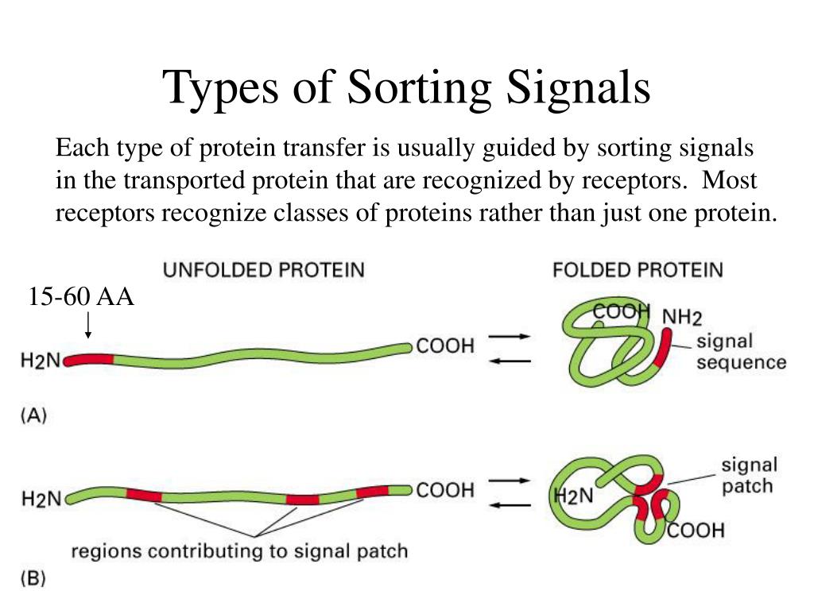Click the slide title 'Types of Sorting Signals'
click(407, 87)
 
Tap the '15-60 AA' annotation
click(81, 297)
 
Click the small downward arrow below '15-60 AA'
click(88, 326)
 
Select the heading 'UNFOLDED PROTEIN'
click(263, 270)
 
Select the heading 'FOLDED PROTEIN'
click(638, 270)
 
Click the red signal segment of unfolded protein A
click(89, 360)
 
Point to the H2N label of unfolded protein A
click(41, 361)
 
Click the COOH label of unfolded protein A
click(445, 346)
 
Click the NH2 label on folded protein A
click(682, 318)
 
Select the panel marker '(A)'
click(33, 415)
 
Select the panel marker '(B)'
click(33, 579)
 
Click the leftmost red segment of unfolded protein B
click(143, 496)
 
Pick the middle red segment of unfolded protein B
click(302, 500)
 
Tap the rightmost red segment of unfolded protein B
click(372, 492)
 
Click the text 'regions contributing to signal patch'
click(239, 550)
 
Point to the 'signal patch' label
click(749, 475)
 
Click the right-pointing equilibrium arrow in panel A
click(509, 337)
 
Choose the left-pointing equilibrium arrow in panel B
click(509, 504)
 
